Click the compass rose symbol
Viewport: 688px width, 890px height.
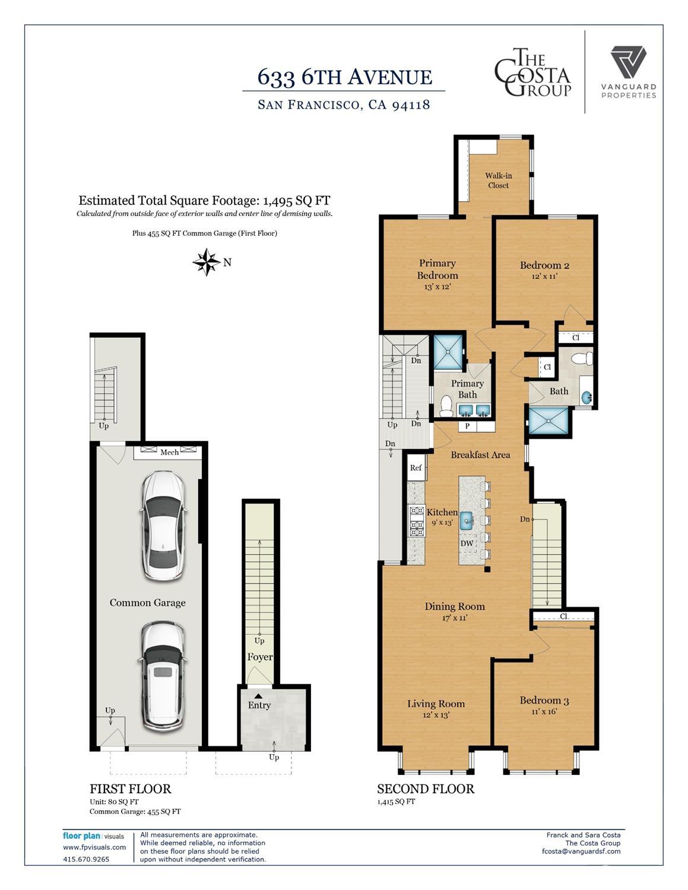point(207,262)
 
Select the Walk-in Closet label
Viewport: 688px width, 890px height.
point(499,180)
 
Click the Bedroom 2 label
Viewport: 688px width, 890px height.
point(545,265)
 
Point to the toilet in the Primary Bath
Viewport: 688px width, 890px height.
point(446,405)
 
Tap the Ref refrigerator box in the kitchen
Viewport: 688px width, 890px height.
point(416,468)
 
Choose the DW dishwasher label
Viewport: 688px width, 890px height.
point(467,543)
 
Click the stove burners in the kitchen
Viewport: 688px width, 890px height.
point(417,521)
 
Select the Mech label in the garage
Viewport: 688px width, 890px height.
point(170,452)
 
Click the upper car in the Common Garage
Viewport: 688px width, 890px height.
point(163,525)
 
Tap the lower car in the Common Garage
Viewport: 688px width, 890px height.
point(163,677)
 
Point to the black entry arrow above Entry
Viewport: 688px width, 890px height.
point(258,696)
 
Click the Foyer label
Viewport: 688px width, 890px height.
point(259,657)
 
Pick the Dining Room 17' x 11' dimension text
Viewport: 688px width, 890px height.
point(455,617)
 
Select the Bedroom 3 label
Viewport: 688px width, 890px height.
point(544,701)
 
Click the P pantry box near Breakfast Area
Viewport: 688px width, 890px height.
point(467,426)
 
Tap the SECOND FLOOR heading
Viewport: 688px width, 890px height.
point(426,789)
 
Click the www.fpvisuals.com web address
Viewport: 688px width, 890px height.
point(94,847)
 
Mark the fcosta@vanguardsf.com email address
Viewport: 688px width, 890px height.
point(581,851)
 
